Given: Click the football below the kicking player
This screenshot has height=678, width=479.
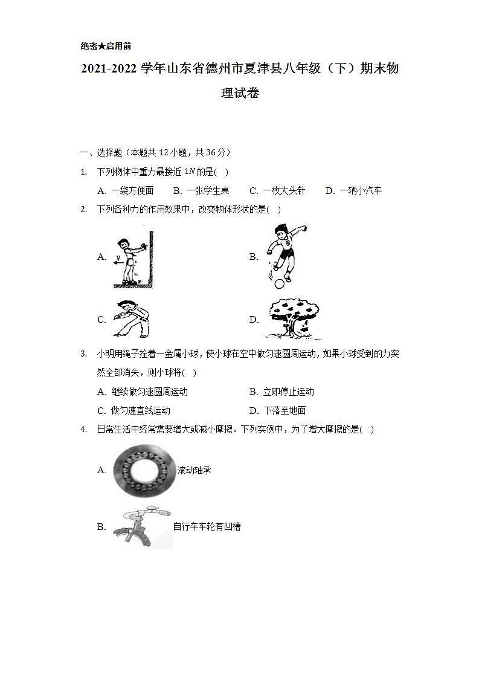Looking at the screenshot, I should (278, 284).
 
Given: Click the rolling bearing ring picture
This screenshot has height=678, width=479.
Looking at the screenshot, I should (144, 471).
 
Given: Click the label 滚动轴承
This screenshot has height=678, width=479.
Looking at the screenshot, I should (194, 470).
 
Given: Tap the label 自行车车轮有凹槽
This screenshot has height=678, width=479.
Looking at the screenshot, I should (207, 527).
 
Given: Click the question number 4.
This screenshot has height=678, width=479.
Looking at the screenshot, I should (83, 430).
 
